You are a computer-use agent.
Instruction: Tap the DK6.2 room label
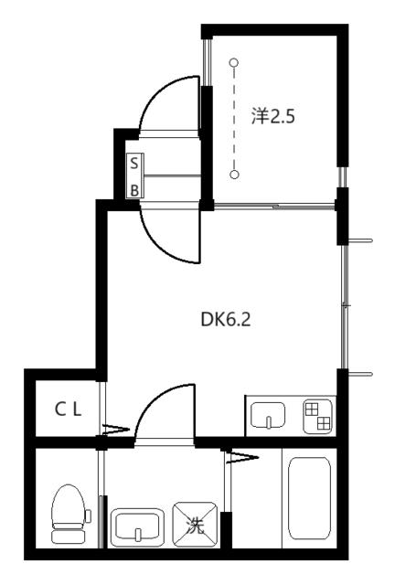(x=225, y=320)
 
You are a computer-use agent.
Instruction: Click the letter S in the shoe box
(x=134, y=164)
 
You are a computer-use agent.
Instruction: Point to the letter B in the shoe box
(x=134, y=190)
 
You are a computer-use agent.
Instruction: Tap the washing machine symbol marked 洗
(x=195, y=526)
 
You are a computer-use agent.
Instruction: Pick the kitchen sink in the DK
(x=269, y=416)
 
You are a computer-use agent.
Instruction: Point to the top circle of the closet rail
(x=235, y=64)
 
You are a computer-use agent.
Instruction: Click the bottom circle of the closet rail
(x=235, y=174)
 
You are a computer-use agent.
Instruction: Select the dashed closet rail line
(x=235, y=119)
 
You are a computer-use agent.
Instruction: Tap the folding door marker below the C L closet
(x=114, y=427)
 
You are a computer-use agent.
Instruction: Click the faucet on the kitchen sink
(x=269, y=420)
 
